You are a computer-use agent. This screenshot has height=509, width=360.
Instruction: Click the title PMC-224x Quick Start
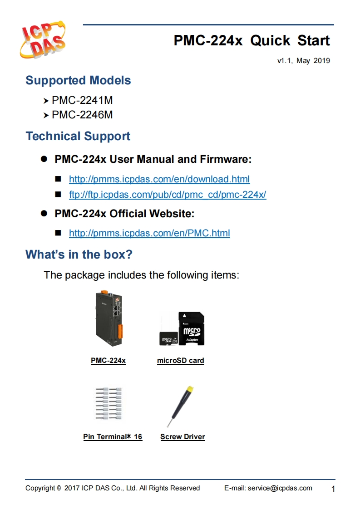pyautogui.click(x=252, y=41)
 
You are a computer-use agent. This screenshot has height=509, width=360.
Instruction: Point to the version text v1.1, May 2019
pyautogui.click(x=303, y=61)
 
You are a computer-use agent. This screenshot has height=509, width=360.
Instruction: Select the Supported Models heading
pyautogui.click(x=78, y=81)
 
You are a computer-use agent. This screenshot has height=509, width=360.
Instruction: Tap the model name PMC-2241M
pyautogui.click(x=82, y=100)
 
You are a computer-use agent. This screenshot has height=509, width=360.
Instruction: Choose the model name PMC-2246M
pyautogui.click(x=82, y=115)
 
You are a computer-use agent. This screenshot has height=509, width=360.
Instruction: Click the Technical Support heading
pyautogui.click(x=78, y=137)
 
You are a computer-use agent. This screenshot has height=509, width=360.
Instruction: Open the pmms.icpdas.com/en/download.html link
pyautogui.click(x=159, y=179)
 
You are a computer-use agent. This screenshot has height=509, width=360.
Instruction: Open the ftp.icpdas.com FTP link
pyautogui.click(x=167, y=195)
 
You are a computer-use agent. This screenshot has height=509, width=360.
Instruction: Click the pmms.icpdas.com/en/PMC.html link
pyautogui.click(x=149, y=234)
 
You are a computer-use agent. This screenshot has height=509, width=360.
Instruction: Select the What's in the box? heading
pyautogui.click(x=79, y=254)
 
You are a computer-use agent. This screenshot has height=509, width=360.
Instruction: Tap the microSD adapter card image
pyautogui.click(x=192, y=329)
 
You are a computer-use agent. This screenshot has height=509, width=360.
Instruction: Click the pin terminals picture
pyautogui.click(x=108, y=404)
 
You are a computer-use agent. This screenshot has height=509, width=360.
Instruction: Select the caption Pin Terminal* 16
pyautogui.click(x=113, y=437)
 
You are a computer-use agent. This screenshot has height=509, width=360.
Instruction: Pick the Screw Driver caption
pyautogui.click(x=182, y=437)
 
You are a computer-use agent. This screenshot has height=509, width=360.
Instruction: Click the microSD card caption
pyautogui.click(x=180, y=361)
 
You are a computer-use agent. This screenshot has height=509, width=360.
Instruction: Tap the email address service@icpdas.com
pyautogui.click(x=280, y=488)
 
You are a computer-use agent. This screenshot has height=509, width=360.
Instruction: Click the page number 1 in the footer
pyautogui.click(x=333, y=489)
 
